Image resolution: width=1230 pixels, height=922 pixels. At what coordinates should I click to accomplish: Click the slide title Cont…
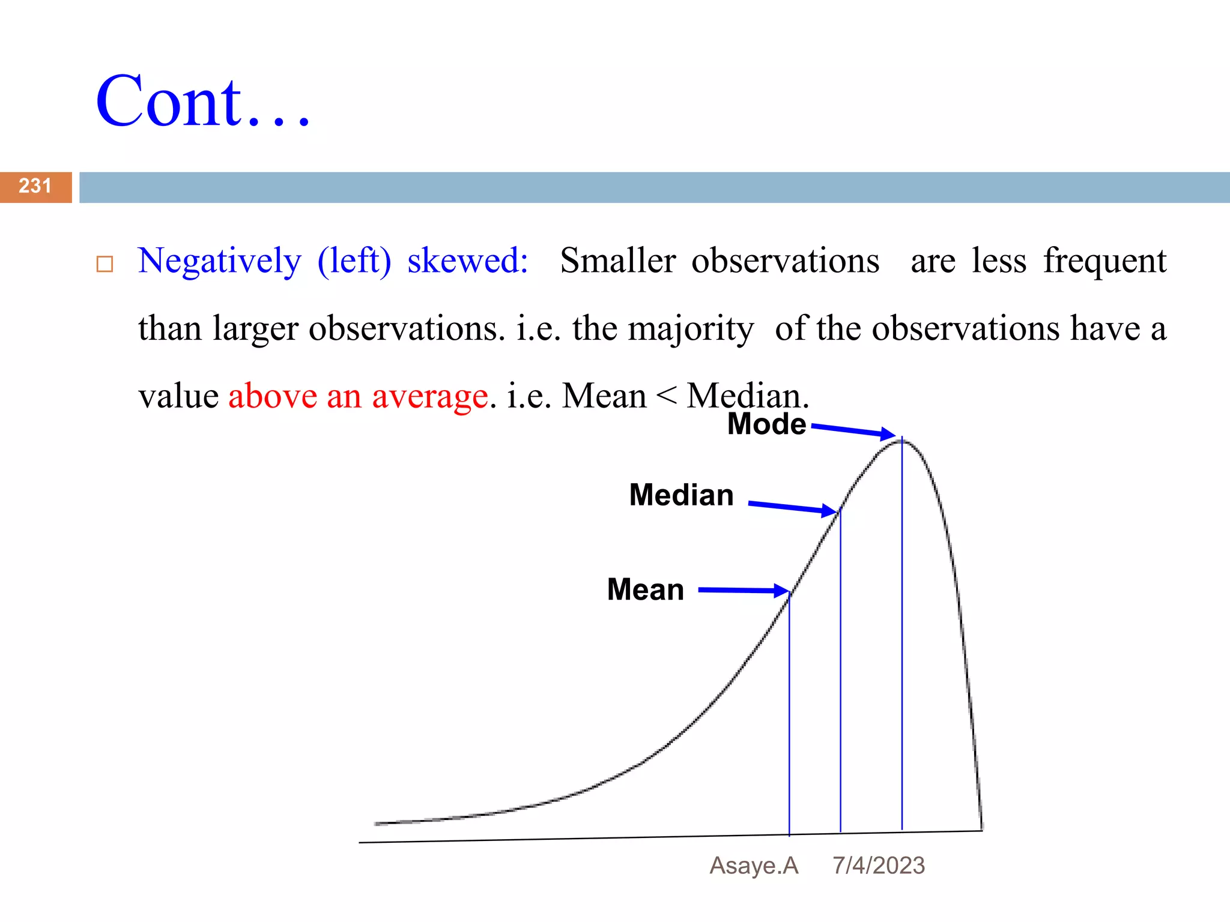[x=203, y=102]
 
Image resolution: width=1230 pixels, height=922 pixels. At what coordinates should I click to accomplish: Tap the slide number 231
[x=35, y=186]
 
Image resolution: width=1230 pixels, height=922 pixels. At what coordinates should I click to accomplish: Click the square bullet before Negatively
[x=105, y=264]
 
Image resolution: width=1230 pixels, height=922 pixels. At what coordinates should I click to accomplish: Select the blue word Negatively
[x=219, y=262]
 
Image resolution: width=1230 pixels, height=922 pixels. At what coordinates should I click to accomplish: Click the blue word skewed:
[x=467, y=261]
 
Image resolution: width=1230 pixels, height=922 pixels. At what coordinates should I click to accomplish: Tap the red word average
[x=429, y=397]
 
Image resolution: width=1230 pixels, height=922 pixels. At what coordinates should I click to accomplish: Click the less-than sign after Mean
[x=667, y=396]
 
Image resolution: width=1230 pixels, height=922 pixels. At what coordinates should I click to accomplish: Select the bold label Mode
[x=766, y=424]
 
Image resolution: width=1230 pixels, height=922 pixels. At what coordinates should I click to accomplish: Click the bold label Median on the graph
[x=681, y=495]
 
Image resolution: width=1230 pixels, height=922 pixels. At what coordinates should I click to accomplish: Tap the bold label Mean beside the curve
[x=645, y=589]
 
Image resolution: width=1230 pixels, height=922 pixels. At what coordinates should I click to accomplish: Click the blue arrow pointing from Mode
[x=853, y=431]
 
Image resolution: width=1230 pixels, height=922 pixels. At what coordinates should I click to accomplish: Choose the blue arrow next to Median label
[x=793, y=508]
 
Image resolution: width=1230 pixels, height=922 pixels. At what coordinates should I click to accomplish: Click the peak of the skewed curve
[x=902, y=442]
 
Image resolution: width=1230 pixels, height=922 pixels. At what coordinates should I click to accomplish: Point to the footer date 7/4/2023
[x=878, y=866]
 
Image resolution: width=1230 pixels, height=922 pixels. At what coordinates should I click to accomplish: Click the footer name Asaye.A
[x=754, y=866]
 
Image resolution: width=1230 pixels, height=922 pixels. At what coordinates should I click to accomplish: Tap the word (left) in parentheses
[x=354, y=262]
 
